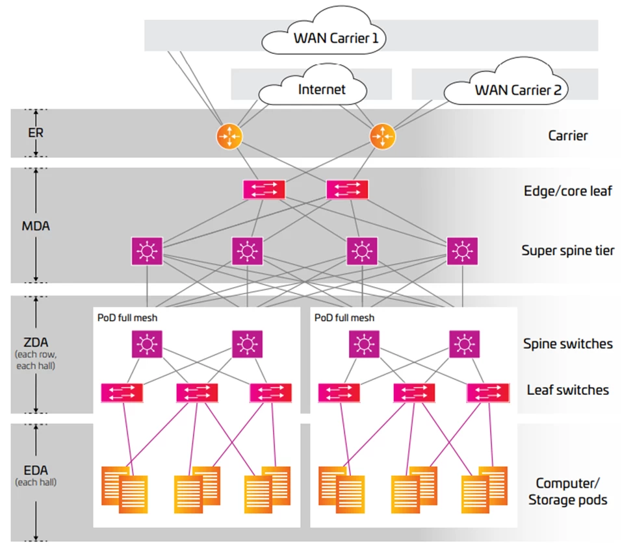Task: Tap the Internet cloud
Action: point(321,89)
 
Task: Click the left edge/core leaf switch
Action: point(264,190)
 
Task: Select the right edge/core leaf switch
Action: point(347,190)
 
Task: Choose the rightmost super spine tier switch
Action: point(462,251)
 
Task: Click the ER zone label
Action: point(36,132)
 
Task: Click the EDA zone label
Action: point(36,470)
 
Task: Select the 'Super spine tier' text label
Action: point(567,251)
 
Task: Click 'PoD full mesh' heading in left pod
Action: point(127,318)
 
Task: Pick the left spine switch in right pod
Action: point(365,344)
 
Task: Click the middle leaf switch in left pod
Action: point(197,392)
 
